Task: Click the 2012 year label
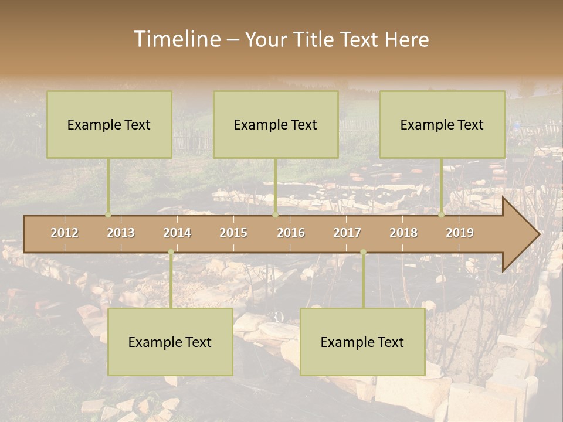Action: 65,233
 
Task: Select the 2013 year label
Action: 121,233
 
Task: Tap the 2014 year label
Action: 177,233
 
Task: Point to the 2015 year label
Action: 233,233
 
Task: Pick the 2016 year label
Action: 291,233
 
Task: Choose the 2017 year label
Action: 347,233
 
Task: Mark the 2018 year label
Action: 403,233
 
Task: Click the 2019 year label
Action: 460,233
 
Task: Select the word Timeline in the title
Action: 177,39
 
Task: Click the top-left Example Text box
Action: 109,124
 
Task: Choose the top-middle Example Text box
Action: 276,124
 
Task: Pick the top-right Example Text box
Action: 442,124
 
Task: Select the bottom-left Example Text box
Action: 170,342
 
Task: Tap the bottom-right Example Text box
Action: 362,342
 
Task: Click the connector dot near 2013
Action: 108,215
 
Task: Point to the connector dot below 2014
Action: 171,252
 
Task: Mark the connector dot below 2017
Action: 363,252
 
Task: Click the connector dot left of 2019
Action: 442,215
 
